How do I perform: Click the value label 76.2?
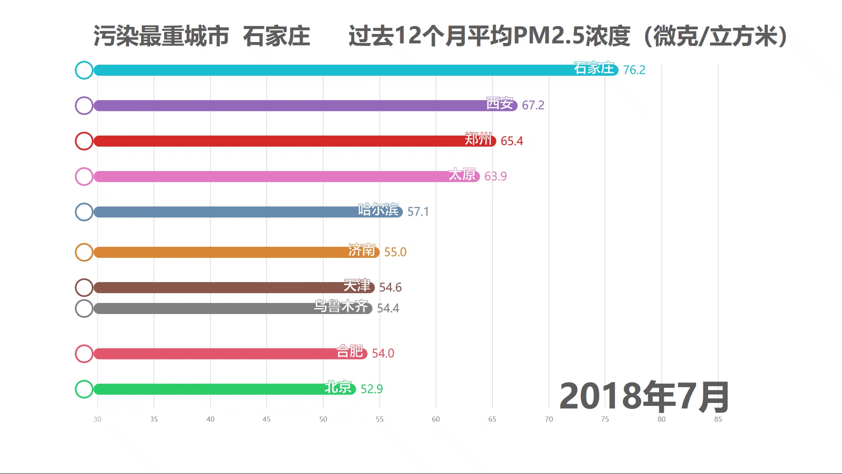(634, 70)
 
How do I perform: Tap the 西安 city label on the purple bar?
(499, 103)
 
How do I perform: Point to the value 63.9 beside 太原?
(495, 176)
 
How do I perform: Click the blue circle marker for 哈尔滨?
(84, 212)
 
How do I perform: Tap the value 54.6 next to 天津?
(390, 288)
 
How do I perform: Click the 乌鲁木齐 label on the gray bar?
(341, 306)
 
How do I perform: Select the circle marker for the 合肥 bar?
(84, 354)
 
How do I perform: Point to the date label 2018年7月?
(644, 397)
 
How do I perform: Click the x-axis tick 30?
(97, 419)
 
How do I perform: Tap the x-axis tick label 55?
(379, 419)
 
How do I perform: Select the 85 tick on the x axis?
(718, 419)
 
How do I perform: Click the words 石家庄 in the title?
(276, 36)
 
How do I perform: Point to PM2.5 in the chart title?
(549, 36)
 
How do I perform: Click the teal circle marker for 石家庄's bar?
(84, 70)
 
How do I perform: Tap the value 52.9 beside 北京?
(371, 389)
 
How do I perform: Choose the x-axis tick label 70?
(549, 419)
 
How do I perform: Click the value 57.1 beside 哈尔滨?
(418, 212)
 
